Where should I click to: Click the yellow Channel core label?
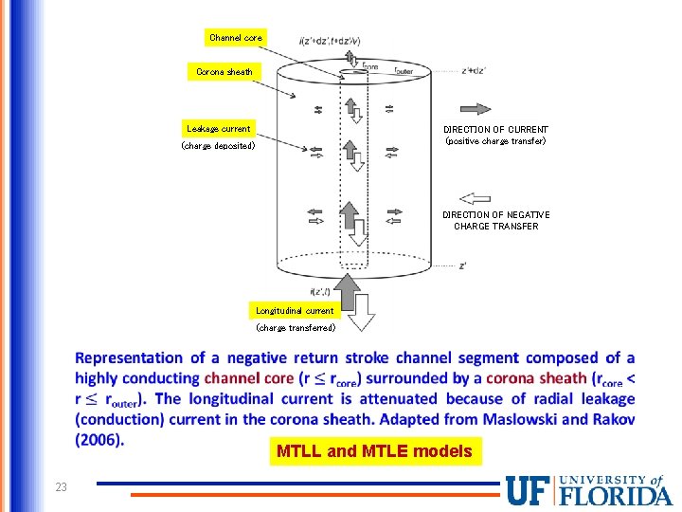click(x=236, y=38)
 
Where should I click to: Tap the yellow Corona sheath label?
click(x=224, y=72)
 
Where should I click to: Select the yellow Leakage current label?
click(x=219, y=129)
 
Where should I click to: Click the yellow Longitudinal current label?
click(x=295, y=310)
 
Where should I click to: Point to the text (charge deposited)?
click(x=218, y=147)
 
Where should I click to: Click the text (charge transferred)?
click(x=296, y=328)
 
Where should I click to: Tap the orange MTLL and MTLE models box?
click(x=374, y=451)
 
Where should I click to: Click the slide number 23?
click(x=61, y=487)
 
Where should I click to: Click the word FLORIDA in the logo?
click(x=617, y=495)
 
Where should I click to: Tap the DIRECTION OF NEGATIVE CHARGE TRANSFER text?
click(x=495, y=220)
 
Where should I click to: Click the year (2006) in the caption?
click(x=99, y=440)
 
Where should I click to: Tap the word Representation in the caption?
click(x=129, y=358)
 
